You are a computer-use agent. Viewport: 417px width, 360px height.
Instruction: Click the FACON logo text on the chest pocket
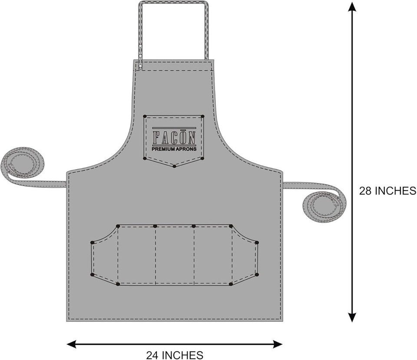[174, 137]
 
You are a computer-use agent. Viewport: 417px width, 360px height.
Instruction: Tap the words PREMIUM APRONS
[174, 149]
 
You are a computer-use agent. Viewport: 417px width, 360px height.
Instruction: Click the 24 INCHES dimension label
[175, 355]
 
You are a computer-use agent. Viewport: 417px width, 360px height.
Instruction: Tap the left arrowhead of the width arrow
[71, 344]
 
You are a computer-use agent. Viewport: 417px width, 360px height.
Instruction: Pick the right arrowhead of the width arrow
[278, 344]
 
